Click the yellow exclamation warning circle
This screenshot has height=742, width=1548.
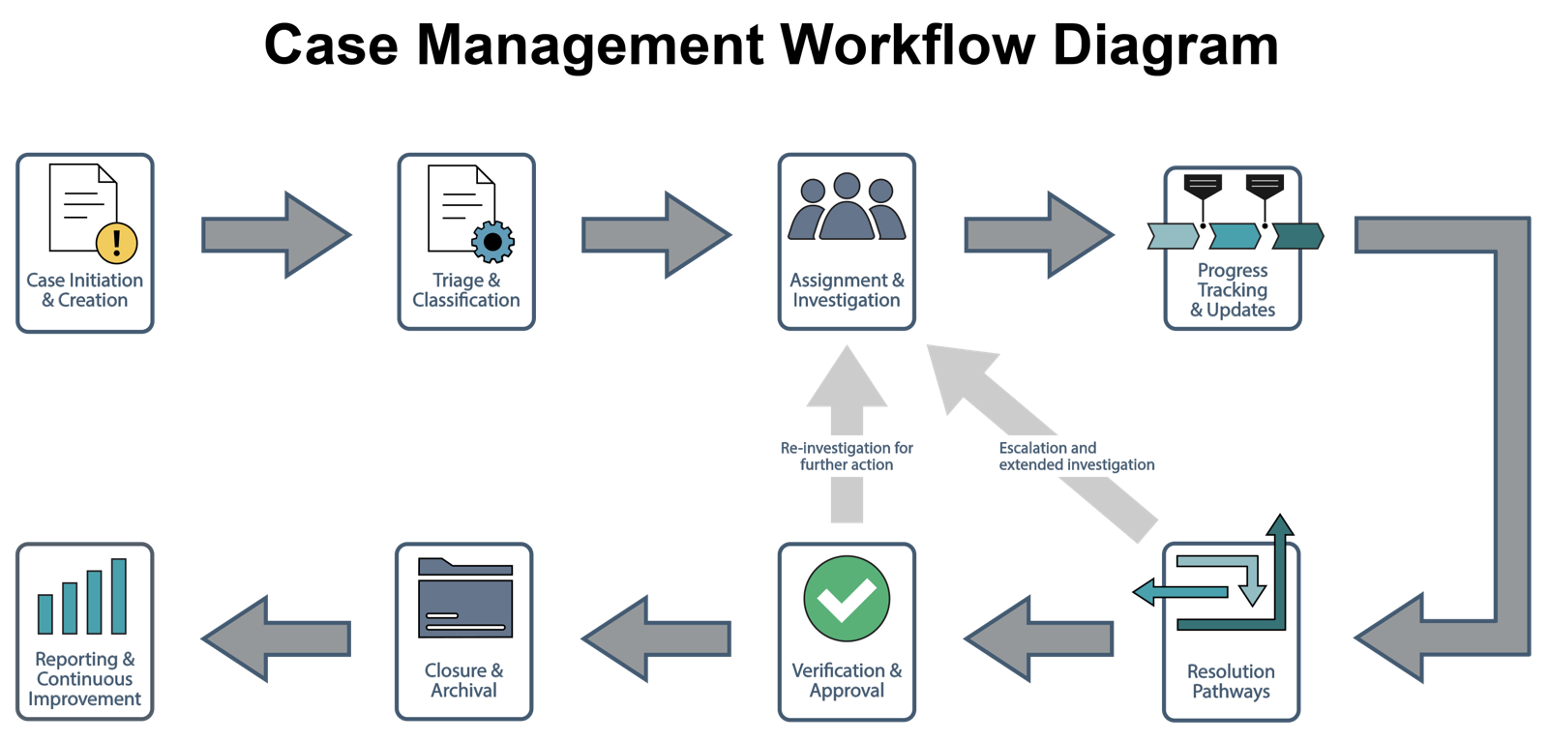tap(117, 242)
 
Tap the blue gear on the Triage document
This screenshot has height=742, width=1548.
tap(492, 241)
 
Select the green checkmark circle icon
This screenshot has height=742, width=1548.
tap(847, 599)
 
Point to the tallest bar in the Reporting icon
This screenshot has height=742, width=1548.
tap(119, 596)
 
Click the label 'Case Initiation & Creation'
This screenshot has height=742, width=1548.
tap(85, 290)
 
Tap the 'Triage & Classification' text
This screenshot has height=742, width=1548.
tap(466, 290)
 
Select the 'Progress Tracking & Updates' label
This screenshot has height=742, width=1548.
tap(1233, 290)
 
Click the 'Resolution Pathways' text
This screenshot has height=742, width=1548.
tap(1231, 681)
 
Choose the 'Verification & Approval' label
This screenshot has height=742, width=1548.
tap(847, 680)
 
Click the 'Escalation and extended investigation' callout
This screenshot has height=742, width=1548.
tap(1070, 456)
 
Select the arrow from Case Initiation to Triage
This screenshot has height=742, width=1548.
tap(276, 235)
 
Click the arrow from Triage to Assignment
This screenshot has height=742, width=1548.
tap(656, 235)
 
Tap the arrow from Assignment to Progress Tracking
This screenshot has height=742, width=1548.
tap(1038, 235)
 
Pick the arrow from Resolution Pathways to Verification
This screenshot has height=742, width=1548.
tap(1038, 638)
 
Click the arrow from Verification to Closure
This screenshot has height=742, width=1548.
tap(656, 638)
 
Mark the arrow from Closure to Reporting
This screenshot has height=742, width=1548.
tap(276, 638)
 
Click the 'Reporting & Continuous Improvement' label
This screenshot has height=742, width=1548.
tap(84, 679)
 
